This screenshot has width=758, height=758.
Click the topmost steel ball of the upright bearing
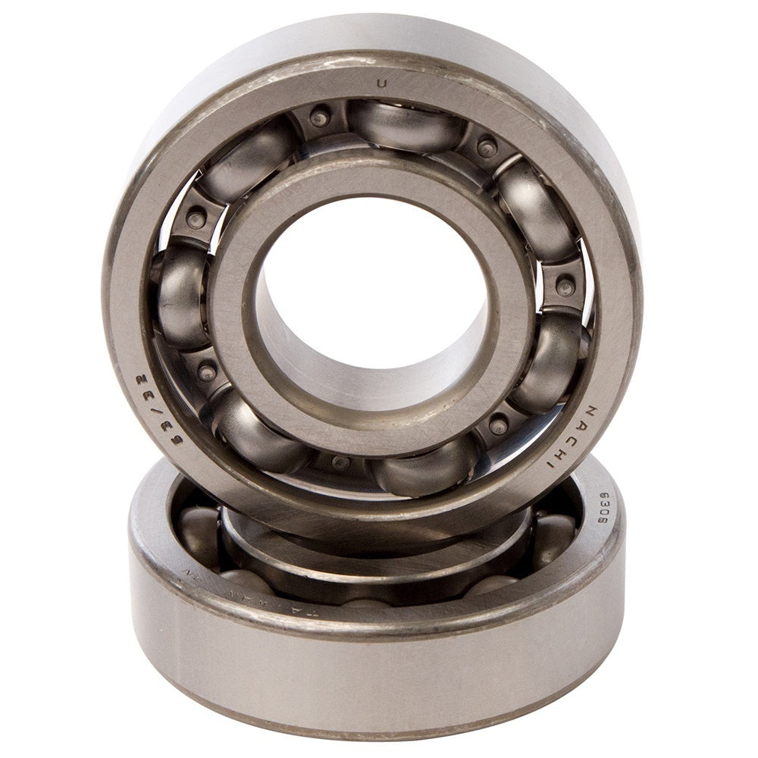point(406,125)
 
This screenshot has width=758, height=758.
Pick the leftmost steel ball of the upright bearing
point(182,292)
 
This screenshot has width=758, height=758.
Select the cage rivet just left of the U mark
point(320,117)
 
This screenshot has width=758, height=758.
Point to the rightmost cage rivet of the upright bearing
point(565,287)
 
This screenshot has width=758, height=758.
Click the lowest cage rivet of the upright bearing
point(341,462)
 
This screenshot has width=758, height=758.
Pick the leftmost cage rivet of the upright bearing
point(196,220)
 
